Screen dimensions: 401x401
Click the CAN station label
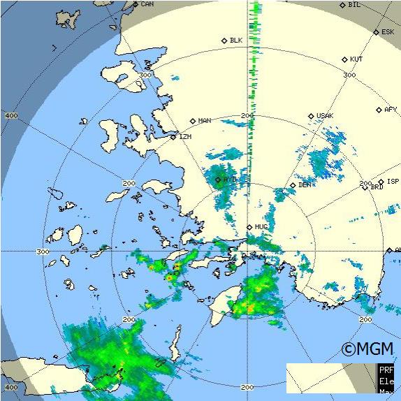[147, 4]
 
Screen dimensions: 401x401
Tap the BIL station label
[354, 5]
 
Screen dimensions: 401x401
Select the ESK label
[388, 32]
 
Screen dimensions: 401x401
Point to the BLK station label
[235, 41]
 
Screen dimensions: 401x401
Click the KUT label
[356, 59]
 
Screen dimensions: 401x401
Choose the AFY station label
[391, 110]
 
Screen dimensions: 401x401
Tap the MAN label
[204, 121]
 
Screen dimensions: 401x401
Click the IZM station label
[185, 137]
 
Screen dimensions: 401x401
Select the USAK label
[325, 116]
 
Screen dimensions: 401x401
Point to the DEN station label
[305, 185]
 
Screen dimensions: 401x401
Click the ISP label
[383, 182]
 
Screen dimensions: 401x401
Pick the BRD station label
[377, 187]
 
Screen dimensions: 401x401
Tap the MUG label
[261, 227]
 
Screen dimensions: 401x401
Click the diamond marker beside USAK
[312, 116]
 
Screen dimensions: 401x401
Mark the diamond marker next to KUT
[345, 59]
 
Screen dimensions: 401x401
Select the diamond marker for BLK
[224, 41]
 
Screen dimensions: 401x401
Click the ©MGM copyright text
[367, 349]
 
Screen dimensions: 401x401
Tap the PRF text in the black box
[386, 370]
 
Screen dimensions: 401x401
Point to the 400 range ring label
[11, 115]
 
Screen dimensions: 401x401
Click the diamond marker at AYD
[218, 180]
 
